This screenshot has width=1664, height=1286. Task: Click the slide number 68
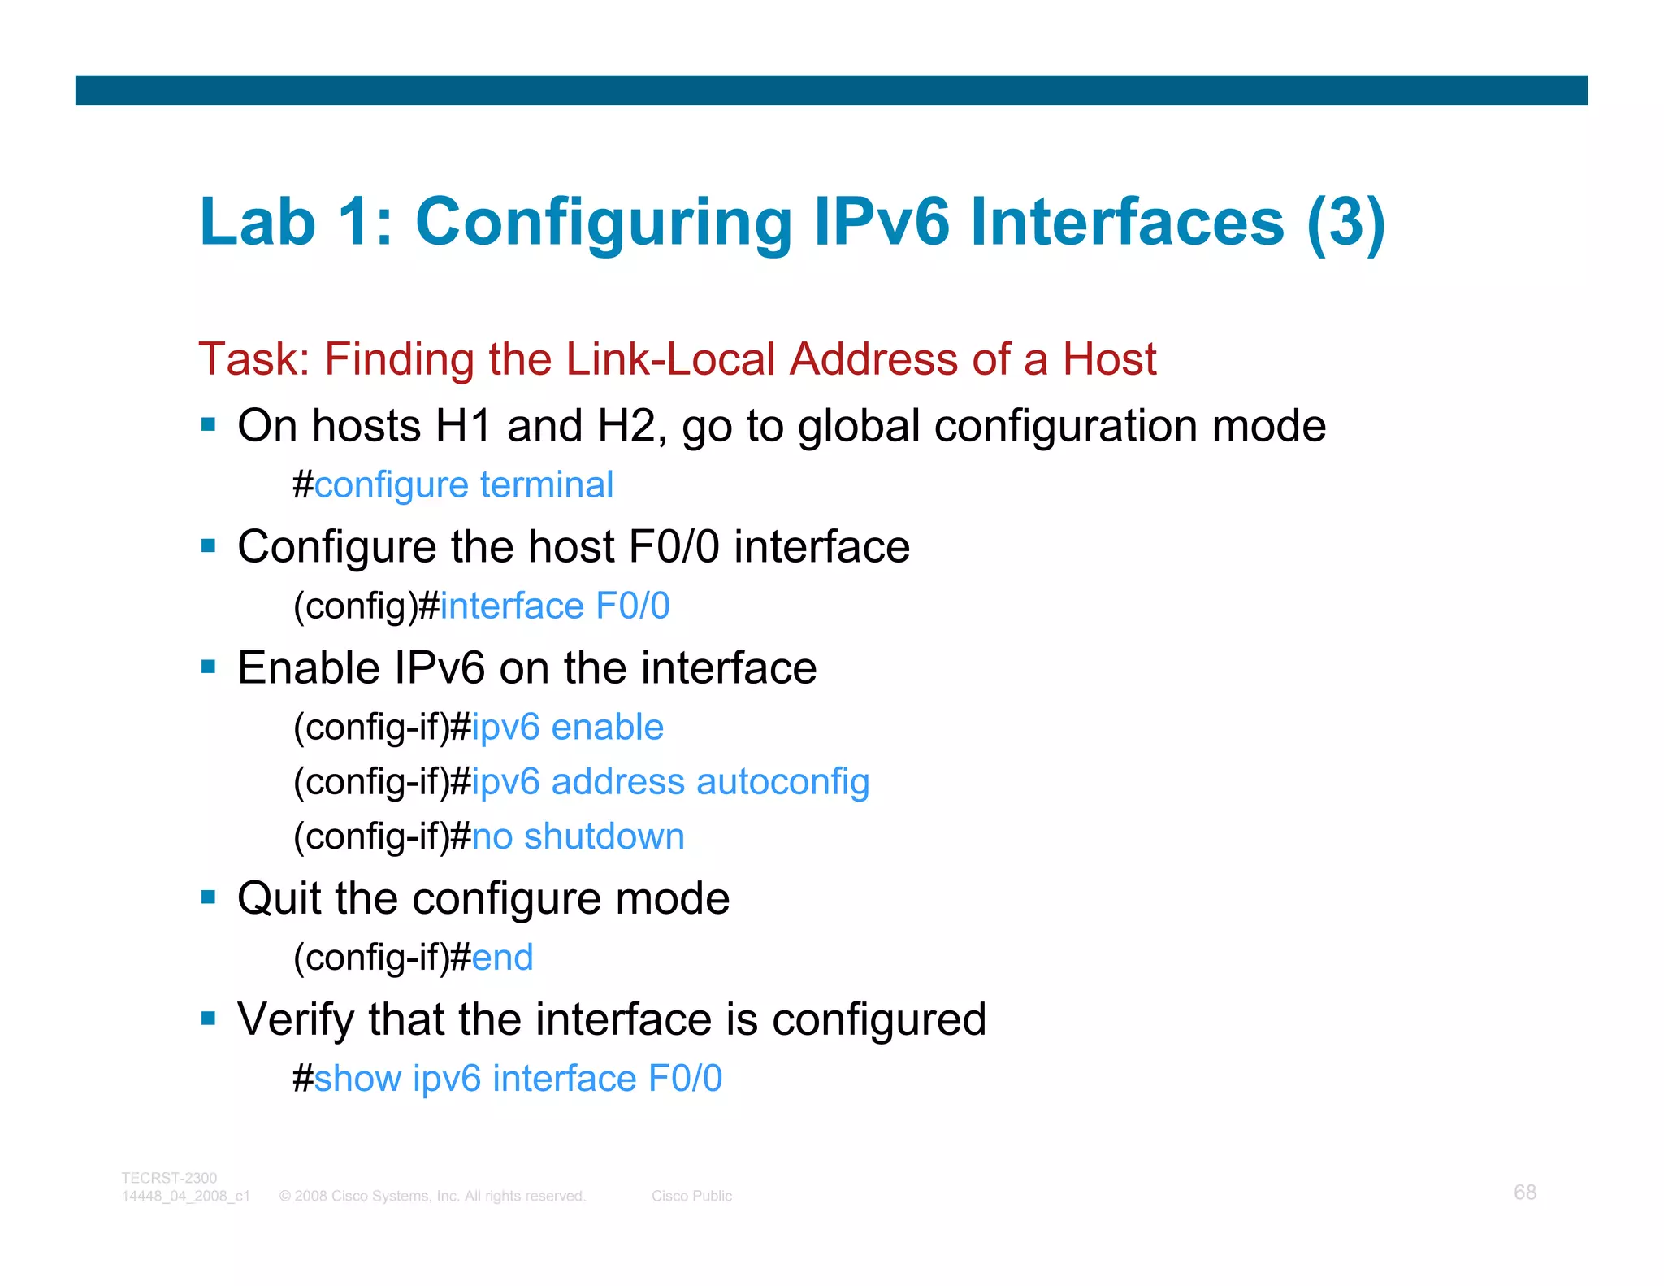pyautogui.click(x=1524, y=1192)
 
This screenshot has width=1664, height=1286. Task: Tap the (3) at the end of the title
pyautogui.click(x=1345, y=223)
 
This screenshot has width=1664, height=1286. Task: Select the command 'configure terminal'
pyautogui.click(x=464, y=485)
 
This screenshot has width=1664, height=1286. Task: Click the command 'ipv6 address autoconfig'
pyautogui.click(x=670, y=782)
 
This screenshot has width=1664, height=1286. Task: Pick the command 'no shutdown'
pyautogui.click(x=578, y=836)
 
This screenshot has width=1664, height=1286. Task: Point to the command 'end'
pyautogui.click(x=502, y=958)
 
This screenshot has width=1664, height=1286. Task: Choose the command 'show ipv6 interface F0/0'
pyautogui.click(x=518, y=1079)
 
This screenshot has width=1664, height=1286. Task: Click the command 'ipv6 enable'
pyautogui.click(x=567, y=728)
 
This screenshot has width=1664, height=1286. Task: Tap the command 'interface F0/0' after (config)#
pyautogui.click(x=555, y=606)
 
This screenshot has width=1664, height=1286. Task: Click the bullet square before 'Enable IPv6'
pyautogui.click(x=209, y=667)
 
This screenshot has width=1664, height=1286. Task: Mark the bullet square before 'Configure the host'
pyautogui.click(x=209, y=545)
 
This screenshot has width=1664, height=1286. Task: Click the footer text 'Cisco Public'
pyautogui.click(x=691, y=1196)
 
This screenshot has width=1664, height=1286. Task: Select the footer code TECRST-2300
pyautogui.click(x=169, y=1178)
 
